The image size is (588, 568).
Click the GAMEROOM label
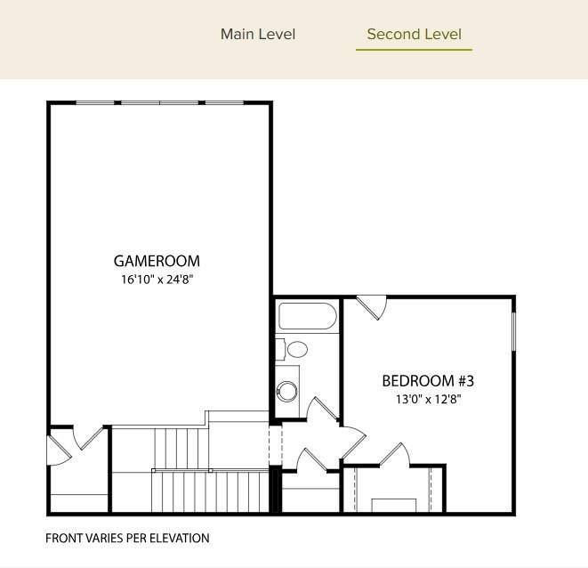pos(157,261)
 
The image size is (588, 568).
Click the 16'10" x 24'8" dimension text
pos(157,279)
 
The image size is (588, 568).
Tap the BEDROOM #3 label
pos(428,381)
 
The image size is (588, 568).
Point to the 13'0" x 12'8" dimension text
pos(428,399)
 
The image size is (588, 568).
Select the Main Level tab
pos(258,35)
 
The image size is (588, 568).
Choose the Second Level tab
pos(414,35)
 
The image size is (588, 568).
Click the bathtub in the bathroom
pos(307,316)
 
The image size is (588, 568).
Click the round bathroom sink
pos(287,390)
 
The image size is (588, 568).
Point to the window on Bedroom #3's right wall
pos(514,338)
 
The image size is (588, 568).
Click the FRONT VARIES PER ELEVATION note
pos(127,538)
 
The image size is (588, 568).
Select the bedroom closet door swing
pos(394,455)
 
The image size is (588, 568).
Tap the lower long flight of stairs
pos(209,492)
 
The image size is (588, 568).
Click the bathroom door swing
pos(322,411)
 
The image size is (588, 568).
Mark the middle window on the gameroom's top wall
pos(159,103)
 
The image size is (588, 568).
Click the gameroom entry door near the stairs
pos(87,436)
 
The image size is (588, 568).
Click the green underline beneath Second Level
pos(414,50)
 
